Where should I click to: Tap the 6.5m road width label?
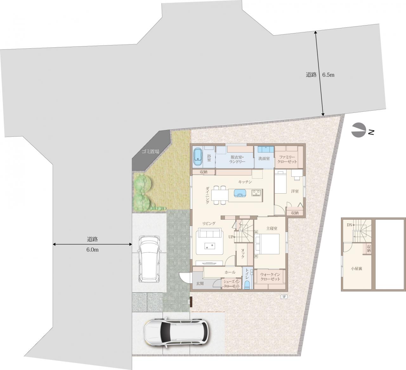(x=328, y=75)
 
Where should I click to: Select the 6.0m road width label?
(x=93, y=250)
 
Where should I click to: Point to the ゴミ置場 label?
(x=150, y=151)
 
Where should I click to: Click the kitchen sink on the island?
(x=240, y=193)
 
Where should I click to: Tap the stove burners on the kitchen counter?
(x=257, y=193)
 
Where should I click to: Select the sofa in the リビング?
(x=210, y=233)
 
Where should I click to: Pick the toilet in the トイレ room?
(x=247, y=285)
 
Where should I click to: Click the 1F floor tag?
(x=284, y=297)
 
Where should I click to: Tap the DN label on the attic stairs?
(x=350, y=225)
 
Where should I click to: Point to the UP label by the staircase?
(x=231, y=237)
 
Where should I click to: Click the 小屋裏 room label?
(x=357, y=269)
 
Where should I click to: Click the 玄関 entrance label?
(x=200, y=284)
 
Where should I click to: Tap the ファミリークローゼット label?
(x=287, y=159)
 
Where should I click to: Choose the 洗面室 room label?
(x=264, y=158)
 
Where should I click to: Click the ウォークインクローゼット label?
(x=270, y=277)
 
